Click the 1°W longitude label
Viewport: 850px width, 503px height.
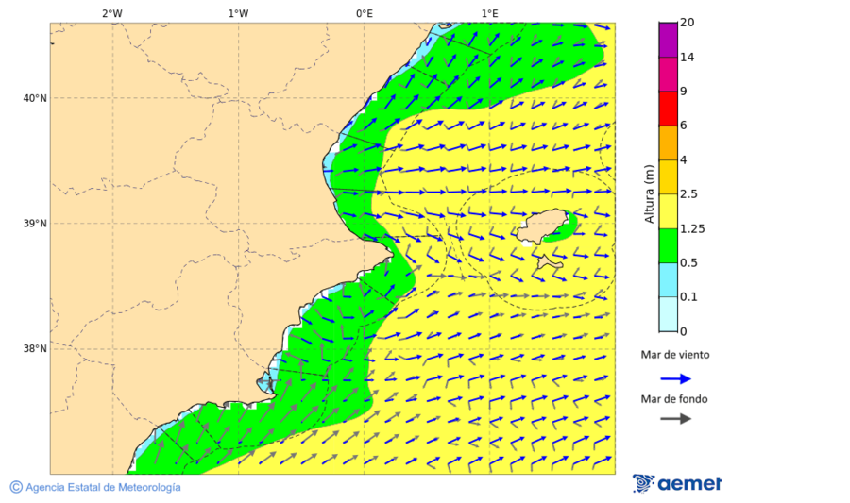coord(238,13)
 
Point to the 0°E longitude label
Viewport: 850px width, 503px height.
coord(364,13)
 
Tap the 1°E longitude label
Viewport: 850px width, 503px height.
coord(489,13)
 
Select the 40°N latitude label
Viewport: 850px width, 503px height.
coord(35,98)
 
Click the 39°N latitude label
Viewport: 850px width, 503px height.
coord(35,224)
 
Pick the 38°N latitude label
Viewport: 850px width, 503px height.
coord(35,349)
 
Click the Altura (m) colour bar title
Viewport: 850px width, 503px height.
coord(649,193)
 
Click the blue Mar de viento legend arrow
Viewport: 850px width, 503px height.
coord(675,378)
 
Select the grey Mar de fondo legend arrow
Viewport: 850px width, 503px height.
coord(675,419)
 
